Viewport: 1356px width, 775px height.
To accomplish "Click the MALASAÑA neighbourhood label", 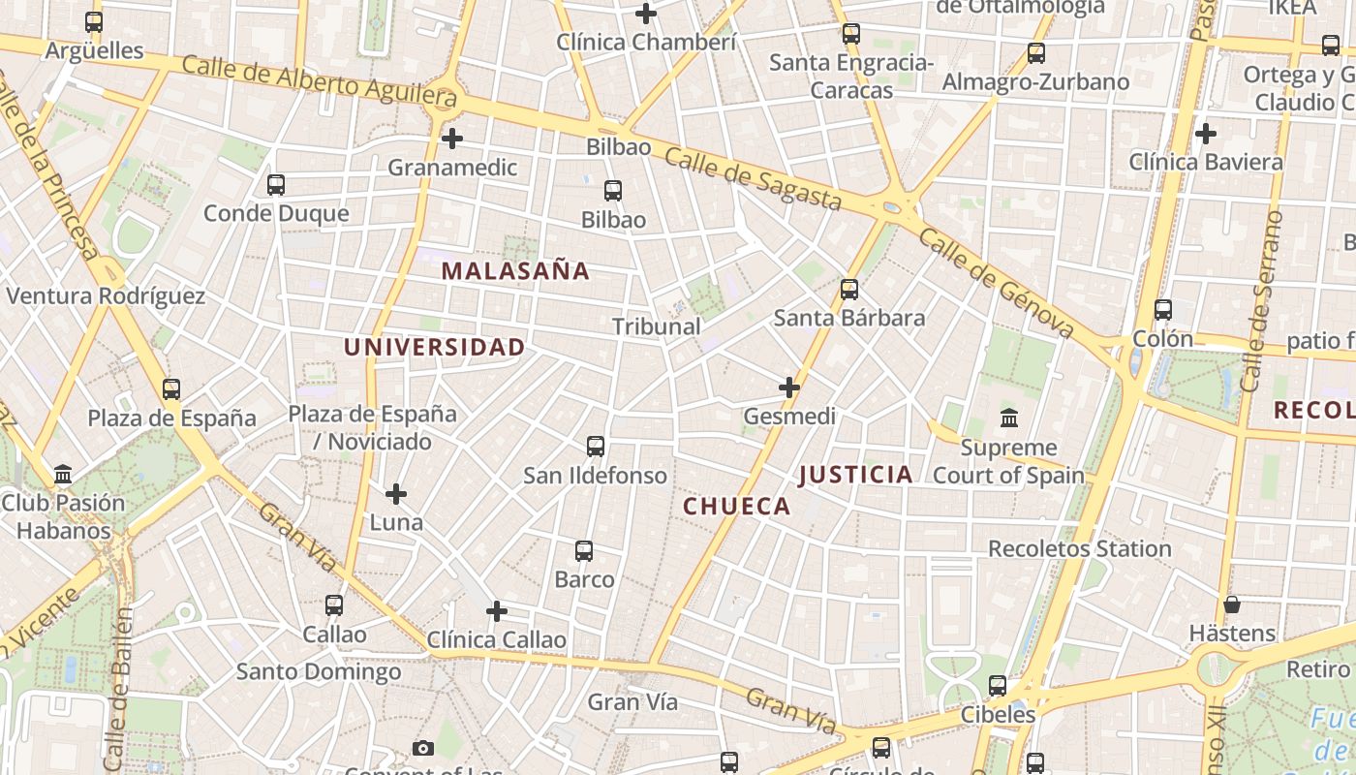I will point(515,271).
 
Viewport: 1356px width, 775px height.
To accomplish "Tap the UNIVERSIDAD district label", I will point(435,347).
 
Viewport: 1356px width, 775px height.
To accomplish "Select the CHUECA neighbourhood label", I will point(737,506).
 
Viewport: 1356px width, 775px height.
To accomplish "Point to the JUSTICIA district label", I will point(856,474).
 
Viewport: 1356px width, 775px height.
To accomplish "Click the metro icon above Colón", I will point(1163,310).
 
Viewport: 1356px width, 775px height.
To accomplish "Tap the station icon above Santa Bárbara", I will point(849,289).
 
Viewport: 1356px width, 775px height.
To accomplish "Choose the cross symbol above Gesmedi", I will point(789,387).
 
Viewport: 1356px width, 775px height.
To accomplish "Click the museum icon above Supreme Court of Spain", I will point(1008,418).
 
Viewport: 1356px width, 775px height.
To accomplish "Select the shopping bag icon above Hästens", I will point(1232,604).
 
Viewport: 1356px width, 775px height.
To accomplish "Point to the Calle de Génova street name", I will point(997,284).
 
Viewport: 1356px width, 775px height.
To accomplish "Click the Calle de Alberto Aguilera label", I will point(319,80).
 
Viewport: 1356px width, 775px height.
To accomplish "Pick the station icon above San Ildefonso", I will point(596,447).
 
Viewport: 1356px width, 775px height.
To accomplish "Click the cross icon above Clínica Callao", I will point(497,611).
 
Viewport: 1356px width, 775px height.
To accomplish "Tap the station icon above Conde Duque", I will point(276,184).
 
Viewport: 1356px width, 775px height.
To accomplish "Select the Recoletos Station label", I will point(1080,548).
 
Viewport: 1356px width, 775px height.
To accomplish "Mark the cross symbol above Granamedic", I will point(452,139).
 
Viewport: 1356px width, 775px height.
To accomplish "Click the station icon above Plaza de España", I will point(171,389).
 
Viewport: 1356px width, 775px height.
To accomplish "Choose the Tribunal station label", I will point(657,326).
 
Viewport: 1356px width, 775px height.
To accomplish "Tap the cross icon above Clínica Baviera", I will point(1206,133).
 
